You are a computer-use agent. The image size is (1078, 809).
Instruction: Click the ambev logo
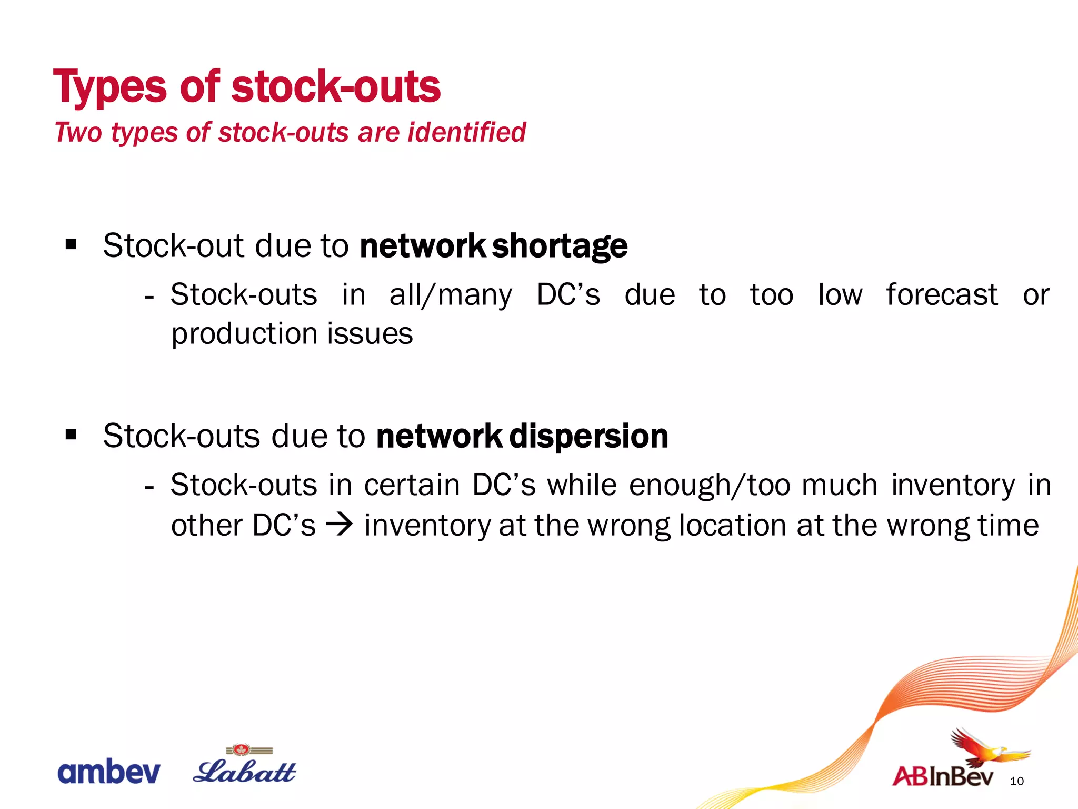click(x=108, y=772)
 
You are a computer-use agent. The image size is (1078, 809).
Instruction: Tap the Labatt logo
click(x=245, y=769)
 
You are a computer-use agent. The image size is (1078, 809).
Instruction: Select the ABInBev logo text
click(x=942, y=777)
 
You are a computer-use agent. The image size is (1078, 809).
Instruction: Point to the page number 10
click(x=1016, y=781)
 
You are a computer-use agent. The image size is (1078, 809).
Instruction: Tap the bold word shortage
click(x=560, y=246)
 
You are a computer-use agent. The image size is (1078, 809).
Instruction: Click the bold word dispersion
click(x=588, y=437)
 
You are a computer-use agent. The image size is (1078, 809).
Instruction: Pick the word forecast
click(x=942, y=294)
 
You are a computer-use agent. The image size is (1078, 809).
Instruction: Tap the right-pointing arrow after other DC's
click(x=340, y=525)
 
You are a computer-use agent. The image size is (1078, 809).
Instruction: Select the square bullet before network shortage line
click(x=72, y=244)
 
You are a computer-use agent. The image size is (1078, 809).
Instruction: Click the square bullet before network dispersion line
click(x=72, y=435)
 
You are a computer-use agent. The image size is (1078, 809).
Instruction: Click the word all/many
click(x=450, y=295)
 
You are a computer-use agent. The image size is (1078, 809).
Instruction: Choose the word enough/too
click(x=710, y=485)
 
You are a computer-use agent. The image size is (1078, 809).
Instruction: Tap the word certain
click(x=412, y=485)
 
